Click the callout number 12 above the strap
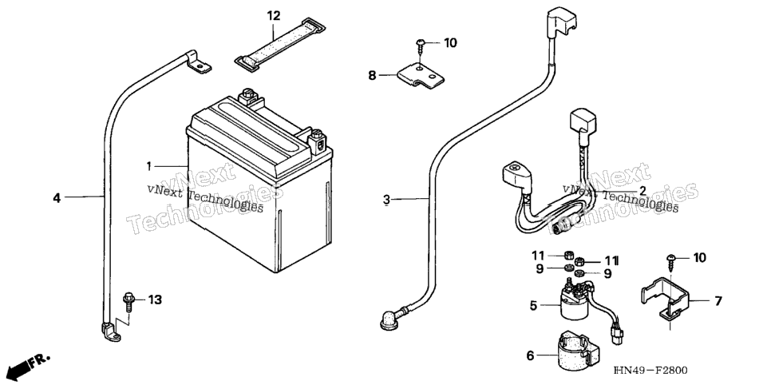click(274, 16)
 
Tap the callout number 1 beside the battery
click(148, 166)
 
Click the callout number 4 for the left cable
click(57, 198)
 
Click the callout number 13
click(155, 300)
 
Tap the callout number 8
click(372, 75)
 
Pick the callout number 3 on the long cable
click(386, 200)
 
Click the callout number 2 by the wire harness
click(642, 190)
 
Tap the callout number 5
click(533, 305)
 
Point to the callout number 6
click(530, 355)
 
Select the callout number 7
click(718, 301)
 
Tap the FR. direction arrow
click(29, 365)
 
